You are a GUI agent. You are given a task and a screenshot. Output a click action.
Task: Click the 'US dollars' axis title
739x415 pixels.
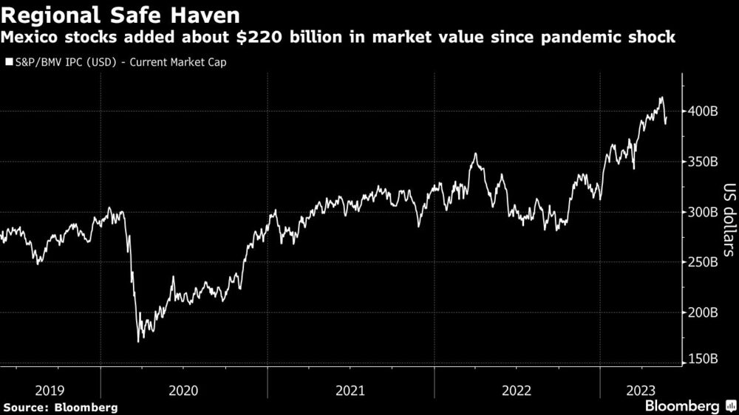pos(728,219)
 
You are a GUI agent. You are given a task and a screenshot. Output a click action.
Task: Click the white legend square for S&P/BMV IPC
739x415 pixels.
pos(8,62)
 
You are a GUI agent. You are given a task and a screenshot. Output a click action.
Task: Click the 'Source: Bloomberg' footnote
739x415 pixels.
pos(60,407)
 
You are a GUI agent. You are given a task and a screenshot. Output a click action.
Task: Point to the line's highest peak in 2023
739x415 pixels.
pos(661,97)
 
